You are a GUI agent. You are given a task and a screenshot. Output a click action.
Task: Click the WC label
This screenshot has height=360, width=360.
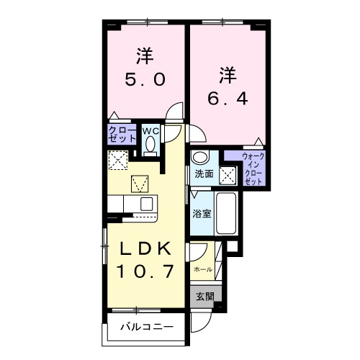click(x=150, y=131)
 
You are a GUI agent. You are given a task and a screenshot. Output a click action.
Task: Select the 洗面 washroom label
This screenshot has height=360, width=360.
click(x=203, y=174)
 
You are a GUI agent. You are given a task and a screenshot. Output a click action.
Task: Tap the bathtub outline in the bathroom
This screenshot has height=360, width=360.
click(x=226, y=212)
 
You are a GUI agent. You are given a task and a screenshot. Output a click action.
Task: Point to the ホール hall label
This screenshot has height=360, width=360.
click(x=202, y=269)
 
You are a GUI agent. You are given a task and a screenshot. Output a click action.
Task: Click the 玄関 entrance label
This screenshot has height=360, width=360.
click(x=204, y=295)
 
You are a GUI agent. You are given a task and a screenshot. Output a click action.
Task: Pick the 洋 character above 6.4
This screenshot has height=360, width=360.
click(x=228, y=73)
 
